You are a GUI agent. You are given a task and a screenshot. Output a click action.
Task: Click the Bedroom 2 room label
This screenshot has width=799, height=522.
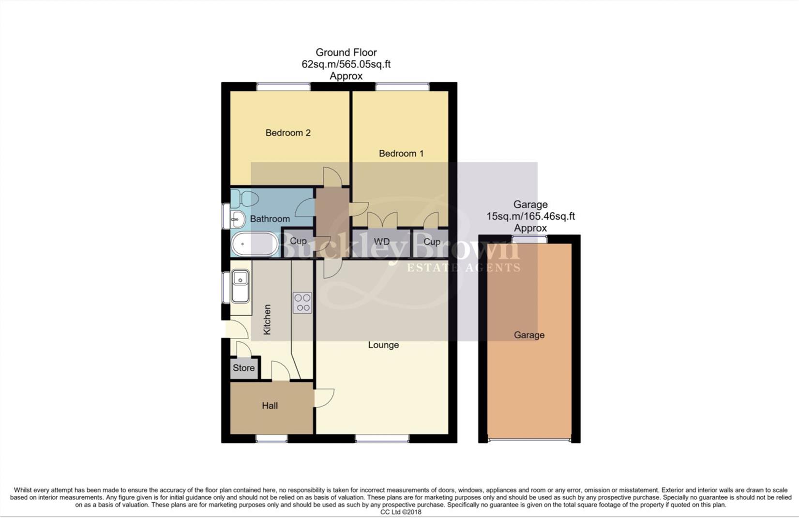pyautogui.click(x=287, y=133)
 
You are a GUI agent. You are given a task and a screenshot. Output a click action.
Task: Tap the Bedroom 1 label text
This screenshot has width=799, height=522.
pyautogui.click(x=401, y=154)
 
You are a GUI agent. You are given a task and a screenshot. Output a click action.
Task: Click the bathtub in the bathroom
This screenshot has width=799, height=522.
pyautogui.click(x=254, y=245)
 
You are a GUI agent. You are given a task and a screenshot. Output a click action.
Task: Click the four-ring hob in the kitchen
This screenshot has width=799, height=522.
pyautogui.click(x=302, y=303)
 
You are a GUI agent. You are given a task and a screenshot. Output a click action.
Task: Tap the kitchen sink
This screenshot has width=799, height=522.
pyautogui.click(x=241, y=285)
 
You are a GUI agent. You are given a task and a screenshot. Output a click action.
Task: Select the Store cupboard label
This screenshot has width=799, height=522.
pyautogui.click(x=243, y=368)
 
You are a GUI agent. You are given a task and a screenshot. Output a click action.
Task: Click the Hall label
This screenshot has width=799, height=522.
pyautogui.click(x=270, y=406)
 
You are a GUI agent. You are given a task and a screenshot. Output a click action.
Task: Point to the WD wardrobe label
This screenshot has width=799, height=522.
pyautogui.click(x=381, y=242)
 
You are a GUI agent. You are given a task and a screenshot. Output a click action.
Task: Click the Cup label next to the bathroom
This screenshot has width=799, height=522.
pyautogui.click(x=298, y=241)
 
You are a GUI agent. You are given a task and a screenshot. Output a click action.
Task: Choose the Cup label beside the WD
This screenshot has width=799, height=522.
pyautogui.click(x=432, y=242)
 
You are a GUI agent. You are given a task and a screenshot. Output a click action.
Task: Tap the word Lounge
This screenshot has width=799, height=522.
pyautogui.click(x=383, y=345)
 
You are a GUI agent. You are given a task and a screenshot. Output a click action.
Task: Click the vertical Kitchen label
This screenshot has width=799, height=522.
pyautogui.click(x=267, y=319)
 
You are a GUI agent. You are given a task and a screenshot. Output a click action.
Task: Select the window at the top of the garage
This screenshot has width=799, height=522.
pyautogui.click(x=530, y=239)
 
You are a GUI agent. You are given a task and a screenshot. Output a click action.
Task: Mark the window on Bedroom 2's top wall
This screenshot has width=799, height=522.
pyautogui.click(x=283, y=87)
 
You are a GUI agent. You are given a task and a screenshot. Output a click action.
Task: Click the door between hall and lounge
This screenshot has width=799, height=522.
pyautogui.click(x=323, y=398)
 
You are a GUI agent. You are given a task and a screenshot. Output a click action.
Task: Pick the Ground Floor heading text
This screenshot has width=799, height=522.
pyautogui.click(x=346, y=52)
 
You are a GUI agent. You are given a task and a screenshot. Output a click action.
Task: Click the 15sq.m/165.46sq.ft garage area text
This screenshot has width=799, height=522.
pyautogui.click(x=530, y=217)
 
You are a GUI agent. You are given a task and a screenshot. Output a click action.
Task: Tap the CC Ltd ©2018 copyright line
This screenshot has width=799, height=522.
pyautogui.click(x=400, y=512)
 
